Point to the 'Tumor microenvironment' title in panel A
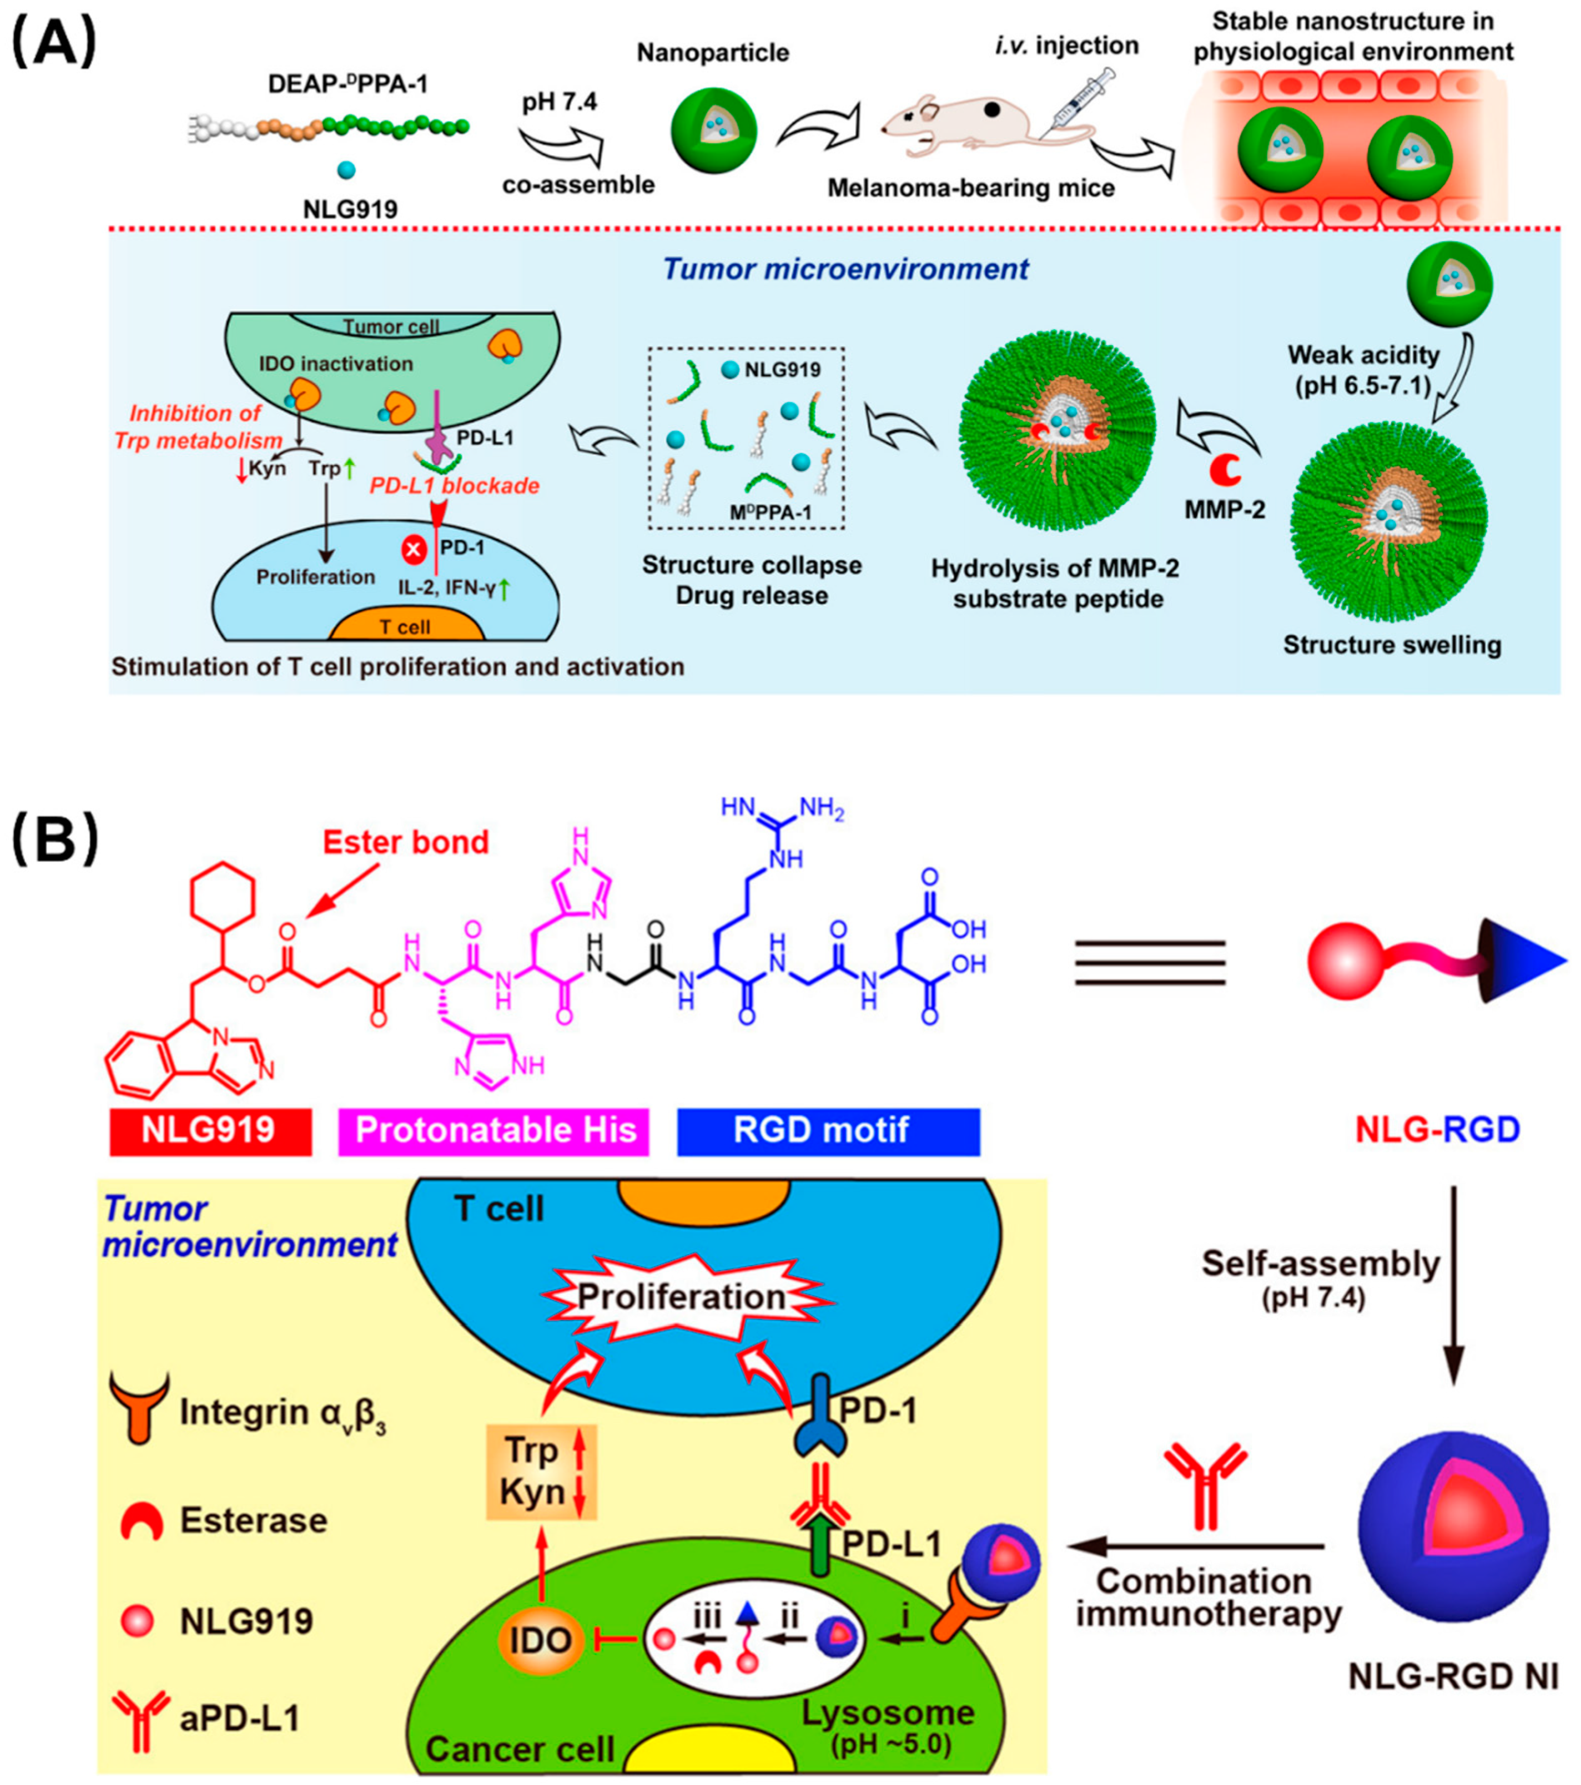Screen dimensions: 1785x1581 [845, 269]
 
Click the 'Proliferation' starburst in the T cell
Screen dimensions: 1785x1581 [681, 1297]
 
